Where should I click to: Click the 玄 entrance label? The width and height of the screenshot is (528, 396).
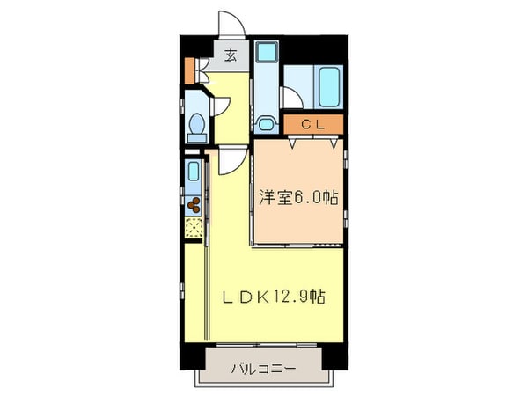click(229, 56)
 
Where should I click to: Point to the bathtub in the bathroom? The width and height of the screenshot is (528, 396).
click(331, 86)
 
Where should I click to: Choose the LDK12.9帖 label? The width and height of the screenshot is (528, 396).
click(273, 297)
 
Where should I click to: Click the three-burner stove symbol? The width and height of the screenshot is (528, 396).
click(194, 206)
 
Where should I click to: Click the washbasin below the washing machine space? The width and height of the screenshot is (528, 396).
click(266, 123)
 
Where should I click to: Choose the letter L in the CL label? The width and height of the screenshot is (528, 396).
click(321, 125)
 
